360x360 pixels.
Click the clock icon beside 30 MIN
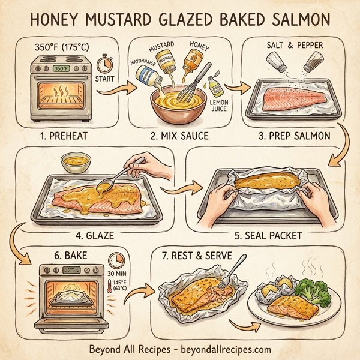(115, 260)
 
